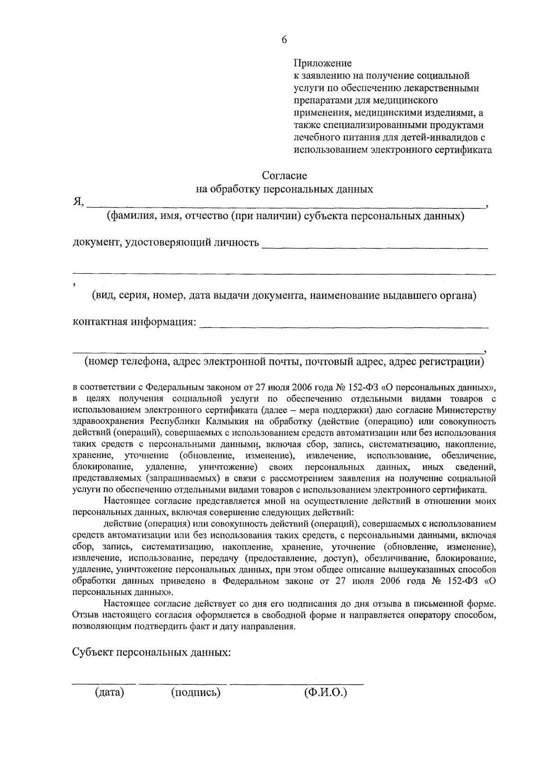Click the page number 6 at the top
[284, 40]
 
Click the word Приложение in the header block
[323, 63]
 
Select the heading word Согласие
[284, 175]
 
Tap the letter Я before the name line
[77, 203]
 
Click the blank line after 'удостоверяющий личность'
[374, 246]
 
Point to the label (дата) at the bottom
[109, 692]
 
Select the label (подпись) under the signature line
[196, 692]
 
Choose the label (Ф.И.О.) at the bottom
[326, 692]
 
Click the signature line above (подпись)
[182, 684]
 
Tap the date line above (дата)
[104, 684]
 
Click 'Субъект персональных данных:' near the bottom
[152, 652]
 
